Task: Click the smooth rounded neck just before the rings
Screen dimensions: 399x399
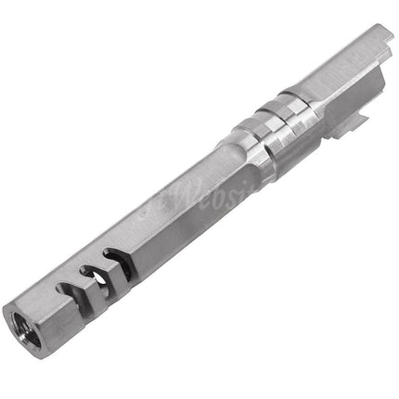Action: coord(223,153)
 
